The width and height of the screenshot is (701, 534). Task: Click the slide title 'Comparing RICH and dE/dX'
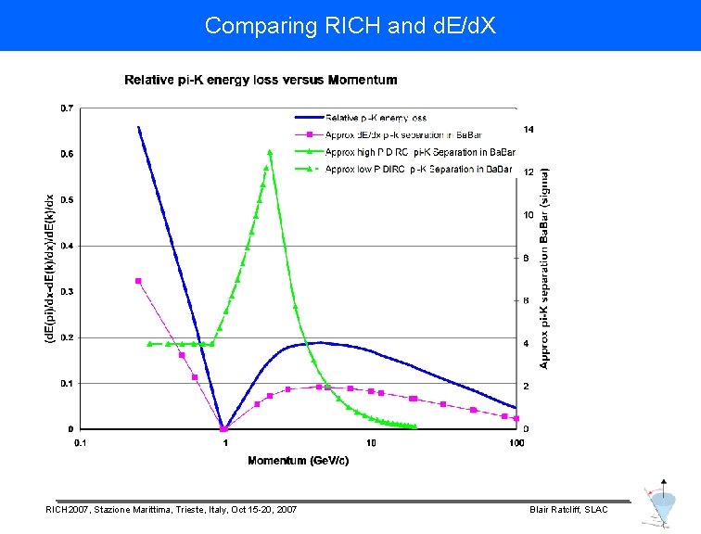pos(350,25)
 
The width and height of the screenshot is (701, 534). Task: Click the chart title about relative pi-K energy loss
pos(261,80)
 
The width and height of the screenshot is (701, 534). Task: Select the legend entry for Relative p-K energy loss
pos(376,118)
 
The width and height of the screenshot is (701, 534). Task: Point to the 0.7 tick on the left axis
pos(69,108)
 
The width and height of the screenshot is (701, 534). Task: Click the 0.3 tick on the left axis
pos(69,292)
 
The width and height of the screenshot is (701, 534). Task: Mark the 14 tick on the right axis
pos(528,129)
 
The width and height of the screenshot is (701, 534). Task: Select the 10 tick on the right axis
pos(528,215)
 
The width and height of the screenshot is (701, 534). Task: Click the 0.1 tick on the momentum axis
pos(81,443)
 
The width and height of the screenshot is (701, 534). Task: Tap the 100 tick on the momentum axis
pos(516,443)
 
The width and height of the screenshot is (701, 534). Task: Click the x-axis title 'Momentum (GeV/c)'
pos(299,461)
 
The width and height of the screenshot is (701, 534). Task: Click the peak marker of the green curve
pos(270,151)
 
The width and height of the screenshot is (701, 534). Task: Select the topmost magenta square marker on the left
pos(138,281)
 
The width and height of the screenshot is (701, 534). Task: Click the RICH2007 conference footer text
pos(172,510)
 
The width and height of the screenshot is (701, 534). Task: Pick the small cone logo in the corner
pos(662,506)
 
